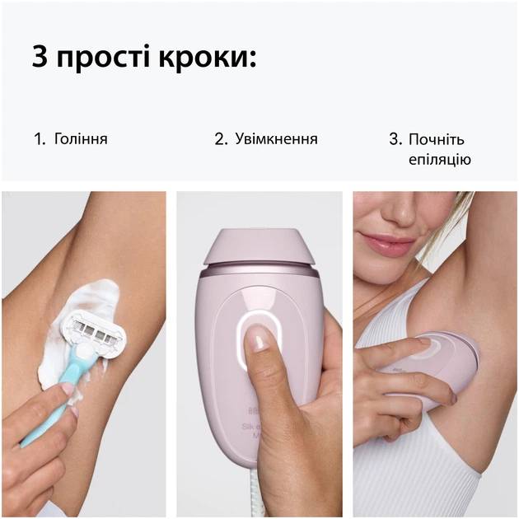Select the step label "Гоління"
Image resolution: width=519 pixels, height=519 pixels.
click(81, 139)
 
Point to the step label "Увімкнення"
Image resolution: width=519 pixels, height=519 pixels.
click(276, 139)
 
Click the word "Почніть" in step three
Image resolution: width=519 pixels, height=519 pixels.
click(437, 139)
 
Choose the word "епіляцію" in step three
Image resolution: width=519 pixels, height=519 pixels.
click(440, 159)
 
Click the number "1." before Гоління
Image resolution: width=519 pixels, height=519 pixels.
click(40, 139)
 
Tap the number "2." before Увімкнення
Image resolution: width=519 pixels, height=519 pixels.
click(221, 139)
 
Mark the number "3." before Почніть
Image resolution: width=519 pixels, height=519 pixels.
click(395, 139)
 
